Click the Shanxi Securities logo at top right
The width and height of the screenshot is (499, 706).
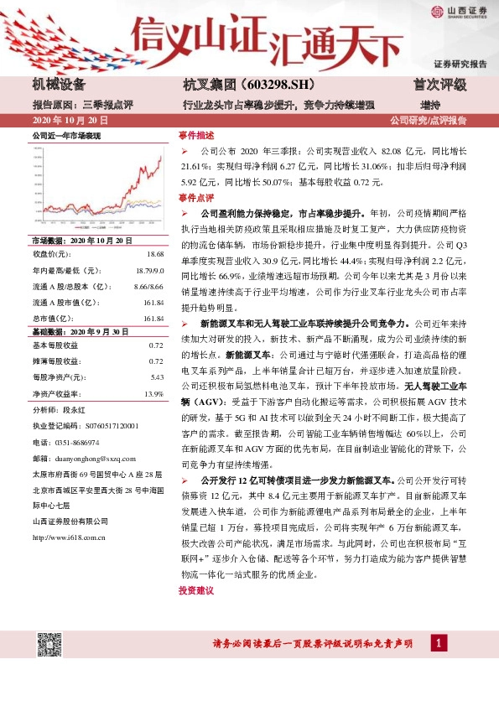(459, 11)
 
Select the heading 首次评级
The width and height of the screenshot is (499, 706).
(439, 85)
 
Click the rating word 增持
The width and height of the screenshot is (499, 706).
(429, 105)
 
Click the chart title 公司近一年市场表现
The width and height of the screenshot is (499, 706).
(65, 135)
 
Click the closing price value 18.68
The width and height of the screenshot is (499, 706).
(154, 253)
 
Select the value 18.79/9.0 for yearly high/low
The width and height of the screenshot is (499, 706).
(148, 270)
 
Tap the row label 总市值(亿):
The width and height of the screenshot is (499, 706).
(54, 319)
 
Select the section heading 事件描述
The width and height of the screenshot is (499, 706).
(196, 135)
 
